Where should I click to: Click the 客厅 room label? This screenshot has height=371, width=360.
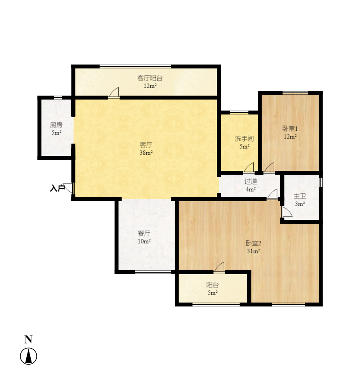click(146, 145)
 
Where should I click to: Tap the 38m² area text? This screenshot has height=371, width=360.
click(146, 153)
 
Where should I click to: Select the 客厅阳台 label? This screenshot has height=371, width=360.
click(150, 78)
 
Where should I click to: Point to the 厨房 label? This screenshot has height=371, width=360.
click(56, 125)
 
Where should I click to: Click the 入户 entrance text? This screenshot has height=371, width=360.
click(57, 188)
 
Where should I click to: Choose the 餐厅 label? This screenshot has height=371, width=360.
click(144, 233)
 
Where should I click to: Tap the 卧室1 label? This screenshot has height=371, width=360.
click(290, 129)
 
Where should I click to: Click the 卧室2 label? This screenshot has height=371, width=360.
click(253, 243)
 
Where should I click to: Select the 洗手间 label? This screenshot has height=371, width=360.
click(244, 138)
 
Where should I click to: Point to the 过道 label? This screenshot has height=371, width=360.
click(251, 181)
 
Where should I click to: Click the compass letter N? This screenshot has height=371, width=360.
click(28, 339)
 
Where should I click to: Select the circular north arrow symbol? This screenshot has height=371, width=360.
click(28, 356)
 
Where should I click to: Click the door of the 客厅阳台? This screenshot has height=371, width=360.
click(114, 93)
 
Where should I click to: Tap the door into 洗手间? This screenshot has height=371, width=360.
click(249, 168)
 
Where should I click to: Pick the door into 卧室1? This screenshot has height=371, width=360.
click(270, 168)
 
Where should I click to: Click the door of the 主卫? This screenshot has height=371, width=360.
click(286, 212)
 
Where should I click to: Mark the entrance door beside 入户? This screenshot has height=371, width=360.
click(68, 188)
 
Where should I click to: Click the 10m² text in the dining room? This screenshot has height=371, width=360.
click(144, 241)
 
